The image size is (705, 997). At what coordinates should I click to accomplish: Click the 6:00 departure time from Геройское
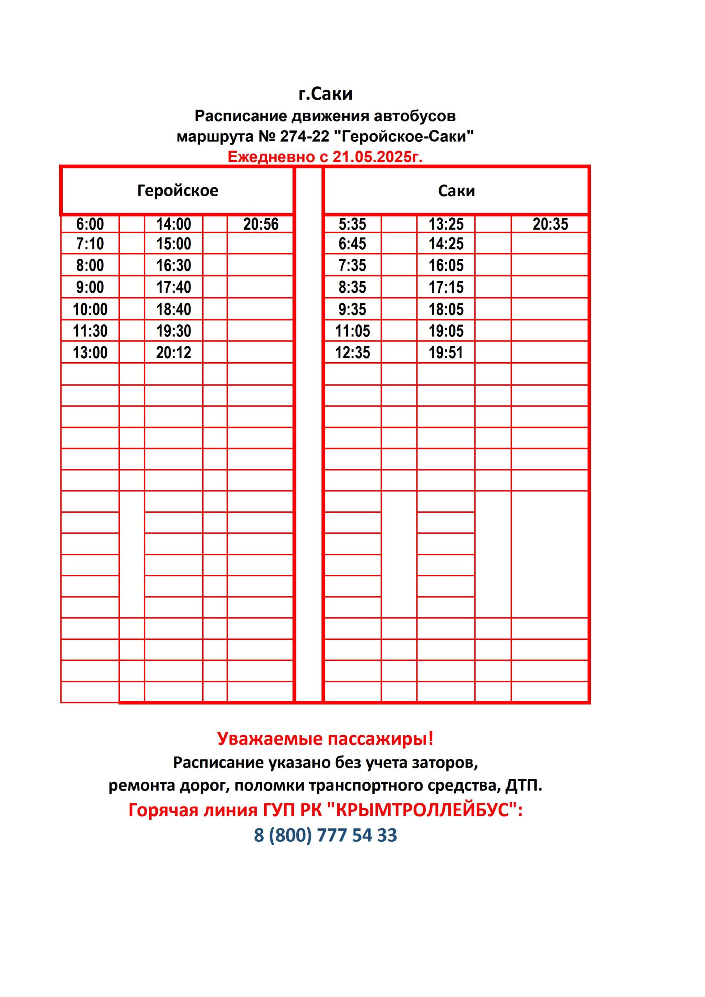pos(90,224)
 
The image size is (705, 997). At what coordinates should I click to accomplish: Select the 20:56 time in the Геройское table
pos(261,224)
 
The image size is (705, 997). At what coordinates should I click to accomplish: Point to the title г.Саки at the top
pos(325,94)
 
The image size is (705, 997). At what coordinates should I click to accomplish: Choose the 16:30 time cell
pos(174,265)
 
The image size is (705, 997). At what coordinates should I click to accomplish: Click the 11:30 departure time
pos(90,331)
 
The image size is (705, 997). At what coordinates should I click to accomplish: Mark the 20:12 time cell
pos(174,352)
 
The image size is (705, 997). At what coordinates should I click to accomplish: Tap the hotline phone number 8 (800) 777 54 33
pos(325,835)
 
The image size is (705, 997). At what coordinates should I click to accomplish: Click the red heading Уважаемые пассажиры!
pos(325,739)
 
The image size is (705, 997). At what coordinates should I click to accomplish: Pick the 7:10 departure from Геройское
pos(90,244)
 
